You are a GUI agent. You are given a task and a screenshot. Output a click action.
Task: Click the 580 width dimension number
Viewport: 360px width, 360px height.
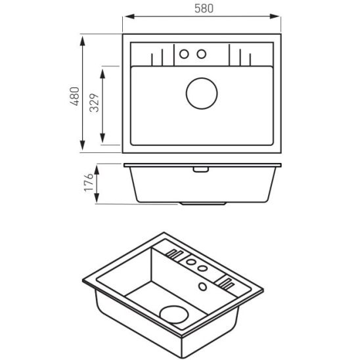coord(203,8)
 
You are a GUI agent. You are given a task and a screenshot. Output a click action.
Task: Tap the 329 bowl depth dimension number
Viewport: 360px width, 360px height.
coord(94,104)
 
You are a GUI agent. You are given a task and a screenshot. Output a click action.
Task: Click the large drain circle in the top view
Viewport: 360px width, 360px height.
coord(202,93)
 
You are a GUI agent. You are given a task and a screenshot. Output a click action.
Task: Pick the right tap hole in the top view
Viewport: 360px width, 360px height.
coord(202,53)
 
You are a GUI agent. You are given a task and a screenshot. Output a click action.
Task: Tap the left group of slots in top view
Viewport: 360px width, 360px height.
coord(157,57)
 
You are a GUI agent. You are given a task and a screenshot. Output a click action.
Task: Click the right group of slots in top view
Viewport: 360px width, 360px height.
coord(245,57)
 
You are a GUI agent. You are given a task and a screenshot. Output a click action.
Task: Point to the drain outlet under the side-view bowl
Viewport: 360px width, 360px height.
coord(202,203)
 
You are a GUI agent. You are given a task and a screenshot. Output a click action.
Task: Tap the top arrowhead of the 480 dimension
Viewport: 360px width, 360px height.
coord(82,39)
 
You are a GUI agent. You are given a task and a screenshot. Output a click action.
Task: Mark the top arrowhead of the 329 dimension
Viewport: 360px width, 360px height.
coord(103,67)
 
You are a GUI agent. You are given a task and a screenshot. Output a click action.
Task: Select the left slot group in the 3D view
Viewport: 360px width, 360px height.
coord(175,254)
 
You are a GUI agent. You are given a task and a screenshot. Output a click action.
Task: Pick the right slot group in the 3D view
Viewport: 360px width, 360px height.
coord(225,282)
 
